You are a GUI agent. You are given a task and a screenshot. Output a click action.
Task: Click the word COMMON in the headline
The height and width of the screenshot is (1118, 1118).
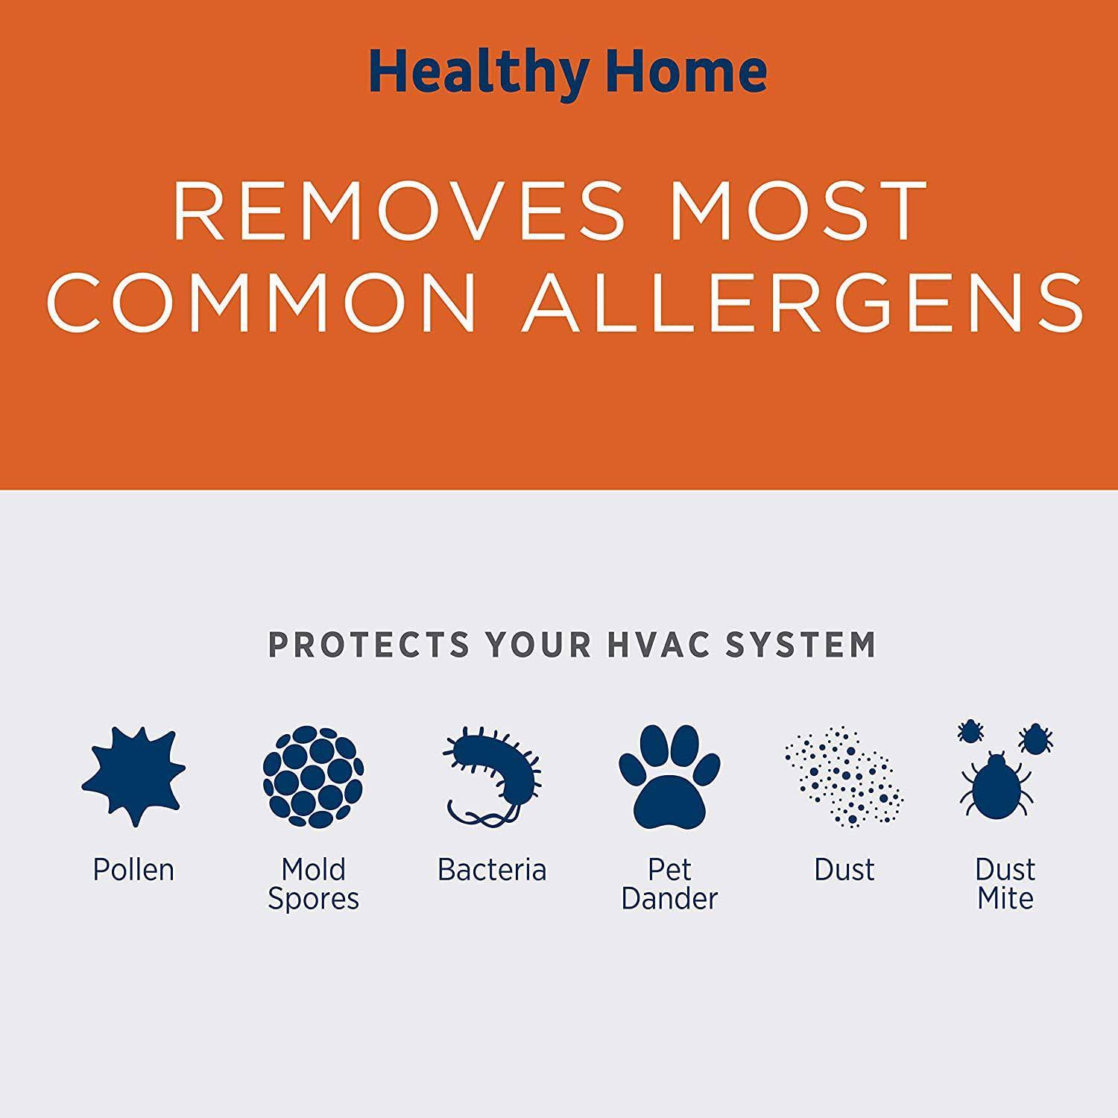[x=261, y=301]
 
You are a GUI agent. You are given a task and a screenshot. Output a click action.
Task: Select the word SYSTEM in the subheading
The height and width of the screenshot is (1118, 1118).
[x=801, y=645]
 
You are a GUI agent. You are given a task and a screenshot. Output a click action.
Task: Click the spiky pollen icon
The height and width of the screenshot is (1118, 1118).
[x=134, y=775]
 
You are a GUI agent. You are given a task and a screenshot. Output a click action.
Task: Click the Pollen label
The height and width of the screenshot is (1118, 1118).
[x=133, y=870]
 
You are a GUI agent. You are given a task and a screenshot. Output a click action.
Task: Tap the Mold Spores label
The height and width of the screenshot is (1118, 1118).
[x=313, y=885]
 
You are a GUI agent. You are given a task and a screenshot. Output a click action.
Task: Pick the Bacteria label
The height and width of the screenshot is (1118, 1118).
[x=492, y=870]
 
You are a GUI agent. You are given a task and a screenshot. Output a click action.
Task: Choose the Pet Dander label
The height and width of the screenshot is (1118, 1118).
[x=669, y=884]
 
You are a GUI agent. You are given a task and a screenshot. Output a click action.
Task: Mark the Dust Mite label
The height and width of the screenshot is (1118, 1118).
[x=1005, y=884]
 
